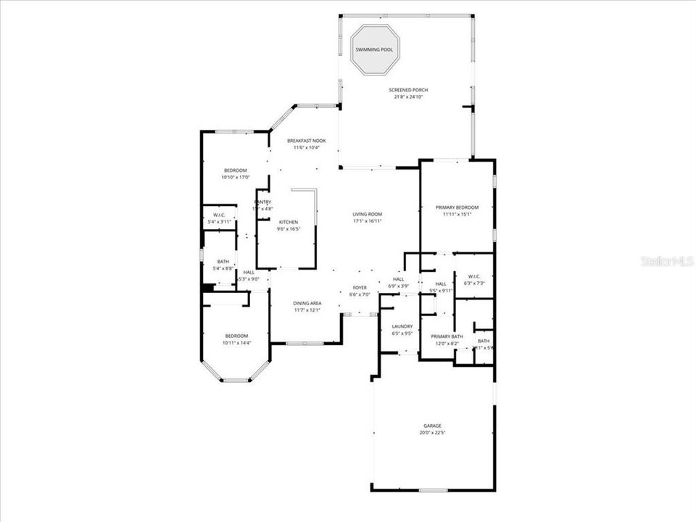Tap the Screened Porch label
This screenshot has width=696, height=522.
[407, 90]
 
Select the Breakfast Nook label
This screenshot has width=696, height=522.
[306, 141]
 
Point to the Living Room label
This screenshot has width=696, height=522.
[367, 214]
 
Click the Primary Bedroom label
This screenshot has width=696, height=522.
[457, 207]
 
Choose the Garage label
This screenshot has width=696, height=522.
[433, 426]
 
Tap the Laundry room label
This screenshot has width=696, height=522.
[402, 326]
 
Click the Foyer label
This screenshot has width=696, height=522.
[360, 288]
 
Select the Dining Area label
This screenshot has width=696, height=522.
[307, 303]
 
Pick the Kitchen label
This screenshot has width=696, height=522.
[288, 222]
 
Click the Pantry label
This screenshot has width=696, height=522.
[262, 202]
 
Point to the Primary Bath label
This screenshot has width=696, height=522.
[447, 336]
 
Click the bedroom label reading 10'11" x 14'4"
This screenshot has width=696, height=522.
[236, 336]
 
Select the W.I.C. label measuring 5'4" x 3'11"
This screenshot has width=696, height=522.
[219, 215]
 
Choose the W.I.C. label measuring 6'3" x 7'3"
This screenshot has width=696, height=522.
[475, 276]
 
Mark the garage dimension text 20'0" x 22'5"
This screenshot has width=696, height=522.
[433, 433]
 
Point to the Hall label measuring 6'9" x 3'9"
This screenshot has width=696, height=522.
[399, 279]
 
